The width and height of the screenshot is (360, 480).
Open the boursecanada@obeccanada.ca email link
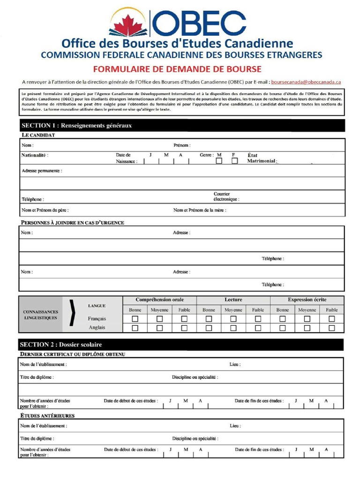tap(306, 82)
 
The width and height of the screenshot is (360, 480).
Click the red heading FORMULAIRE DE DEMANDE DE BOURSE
tap(177, 69)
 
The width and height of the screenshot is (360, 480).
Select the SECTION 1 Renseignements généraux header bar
tap(182, 126)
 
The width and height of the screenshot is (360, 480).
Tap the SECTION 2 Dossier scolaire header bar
tap(181, 345)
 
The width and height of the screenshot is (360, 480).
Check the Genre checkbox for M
tap(219, 161)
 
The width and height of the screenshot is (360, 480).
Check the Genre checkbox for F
tap(234, 161)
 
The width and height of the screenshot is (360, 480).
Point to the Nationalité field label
tap(34, 155)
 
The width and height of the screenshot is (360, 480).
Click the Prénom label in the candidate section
tap(182, 145)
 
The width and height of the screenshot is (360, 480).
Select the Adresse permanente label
tap(42, 171)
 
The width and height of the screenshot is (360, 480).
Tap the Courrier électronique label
tap(226, 196)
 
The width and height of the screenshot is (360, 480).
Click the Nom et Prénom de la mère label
tap(200, 210)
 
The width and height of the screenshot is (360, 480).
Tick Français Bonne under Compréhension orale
tap(135, 319)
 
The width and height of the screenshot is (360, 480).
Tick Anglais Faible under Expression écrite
tap(331, 328)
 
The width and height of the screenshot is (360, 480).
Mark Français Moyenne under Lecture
tap(233, 319)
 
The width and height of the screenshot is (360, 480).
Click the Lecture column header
tap(233, 300)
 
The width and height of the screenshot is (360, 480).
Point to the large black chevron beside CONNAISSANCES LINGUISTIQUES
tap(71, 313)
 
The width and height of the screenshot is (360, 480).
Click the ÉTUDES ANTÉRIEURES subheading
tap(47, 416)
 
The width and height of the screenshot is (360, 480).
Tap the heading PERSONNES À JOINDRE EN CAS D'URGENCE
tap(72, 223)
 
